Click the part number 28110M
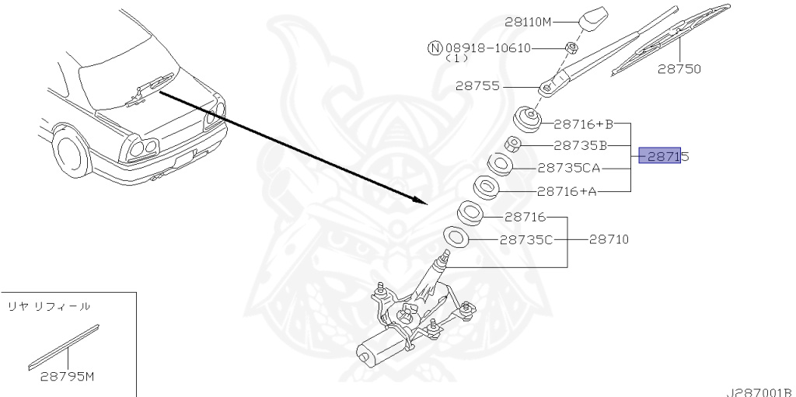tap(528, 22)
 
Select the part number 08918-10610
tap(488, 48)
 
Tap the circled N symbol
tap(435, 48)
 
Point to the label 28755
tap(477, 86)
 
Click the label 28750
tap(679, 69)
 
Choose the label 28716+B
tap(584, 124)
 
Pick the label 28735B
tap(580, 146)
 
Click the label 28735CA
tap(568, 168)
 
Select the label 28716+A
tap(567, 191)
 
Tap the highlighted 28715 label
tap(664, 156)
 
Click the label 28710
tap(609, 239)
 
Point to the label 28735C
tap(526, 239)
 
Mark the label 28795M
tap(68, 377)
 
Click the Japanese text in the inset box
tap(49, 307)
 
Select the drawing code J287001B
tap(759, 392)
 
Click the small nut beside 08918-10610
tap(571, 47)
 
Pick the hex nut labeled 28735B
tap(511, 145)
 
